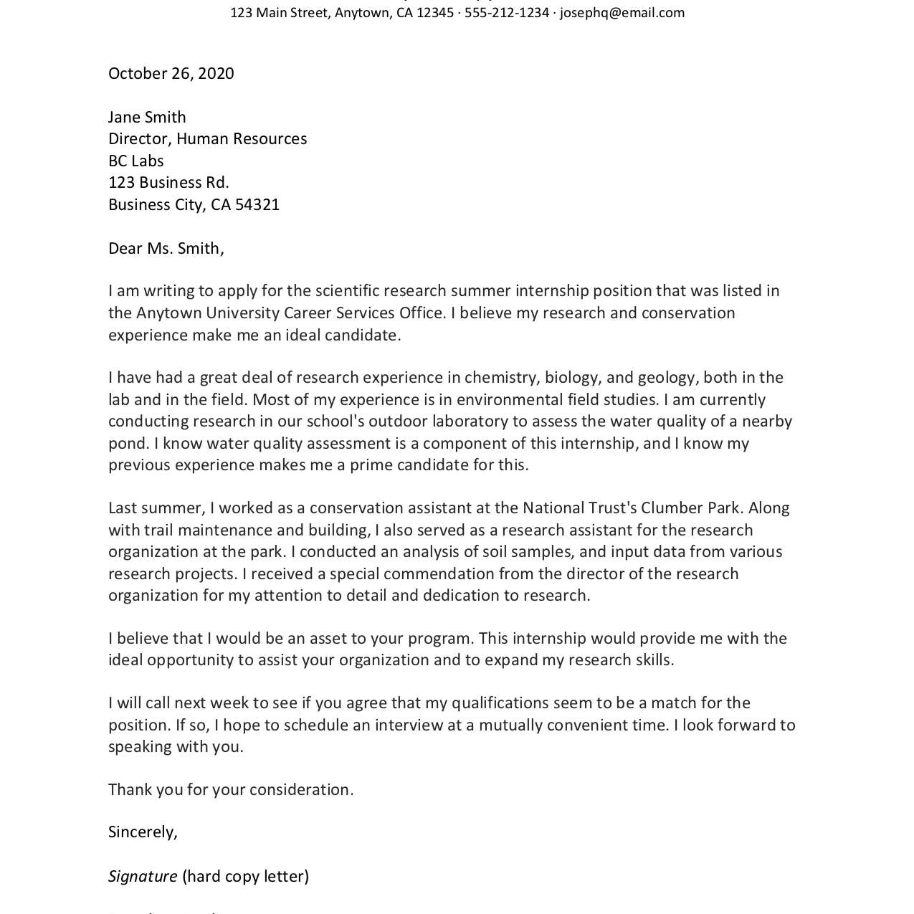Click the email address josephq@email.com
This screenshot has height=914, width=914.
point(622,13)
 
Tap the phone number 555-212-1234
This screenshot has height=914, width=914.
point(506,13)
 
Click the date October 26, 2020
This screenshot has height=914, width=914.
point(171,74)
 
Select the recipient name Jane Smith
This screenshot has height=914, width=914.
point(147,118)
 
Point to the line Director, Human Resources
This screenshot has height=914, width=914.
point(207,139)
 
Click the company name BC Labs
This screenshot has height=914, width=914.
point(136,161)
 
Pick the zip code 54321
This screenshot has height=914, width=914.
point(257,205)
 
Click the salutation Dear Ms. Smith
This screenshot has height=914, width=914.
point(166,249)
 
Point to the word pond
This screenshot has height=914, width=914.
point(126,444)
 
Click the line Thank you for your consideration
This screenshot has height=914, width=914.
point(231,790)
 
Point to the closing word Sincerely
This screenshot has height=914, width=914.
point(142,832)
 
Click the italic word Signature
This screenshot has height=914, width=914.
point(143,877)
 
